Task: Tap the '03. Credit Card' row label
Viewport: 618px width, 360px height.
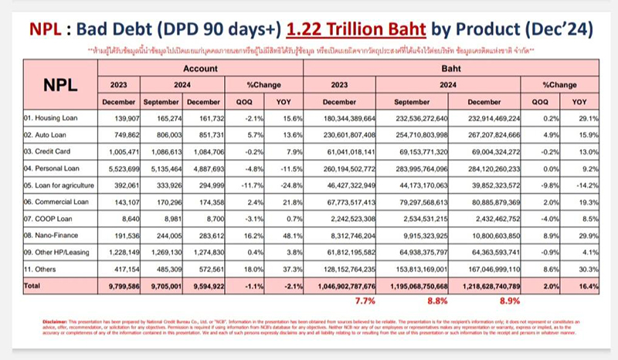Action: [x=45, y=151]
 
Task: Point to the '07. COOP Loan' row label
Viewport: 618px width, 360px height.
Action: [x=46, y=217]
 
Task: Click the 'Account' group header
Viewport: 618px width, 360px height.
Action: [x=199, y=69]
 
